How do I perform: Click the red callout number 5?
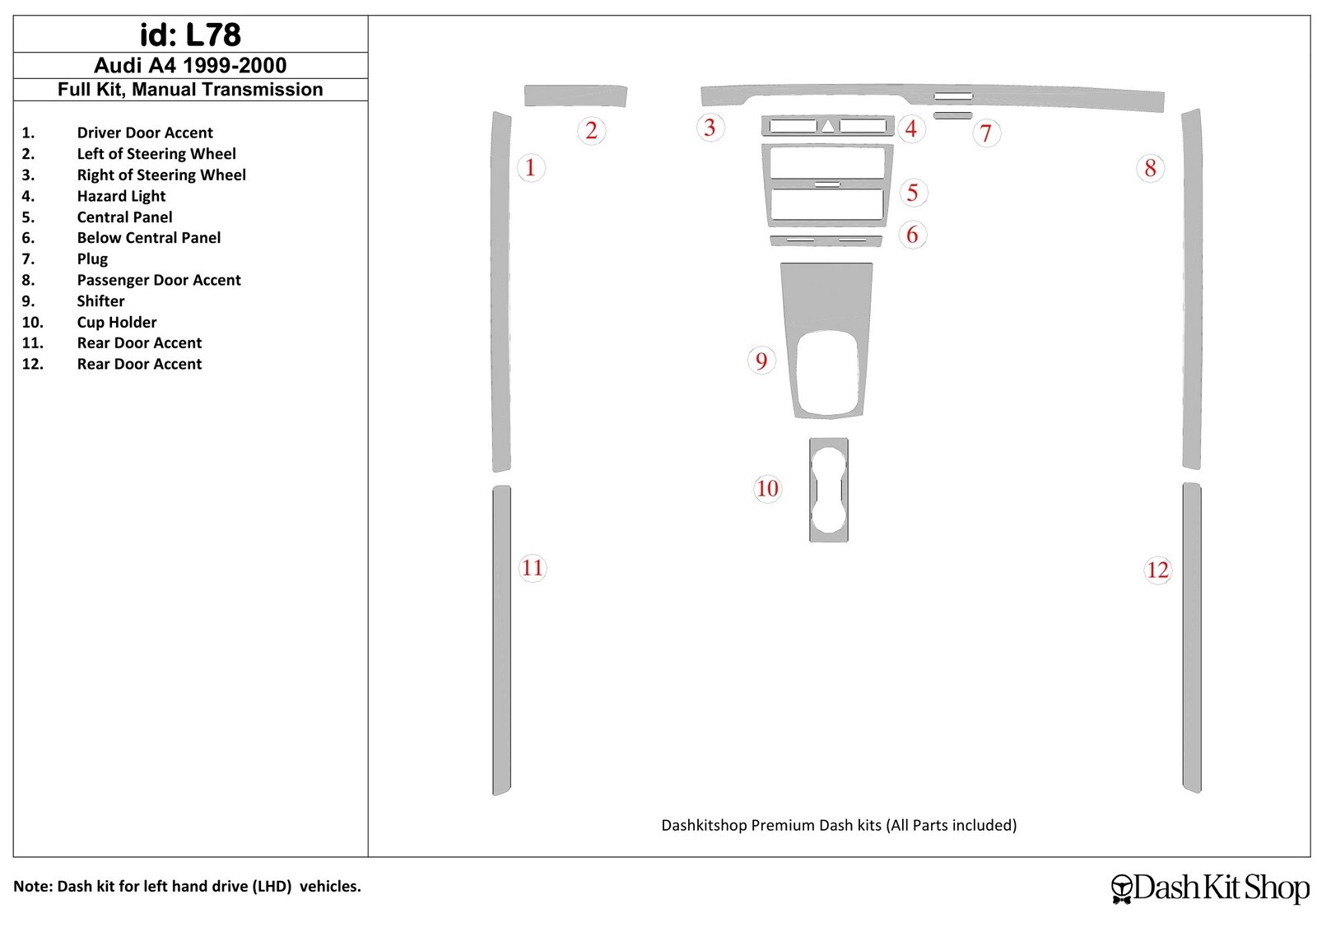pyautogui.click(x=913, y=193)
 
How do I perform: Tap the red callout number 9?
pyautogui.click(x=761, y=361)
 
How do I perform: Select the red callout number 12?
pyautogui.click(x=1157, y=571)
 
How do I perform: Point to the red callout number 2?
pyautogui.click(x=592, y=131)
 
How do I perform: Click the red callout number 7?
pyautogui.click(x=986, y=133)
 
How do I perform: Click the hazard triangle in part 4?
pyautogui.click(x=828, y=126)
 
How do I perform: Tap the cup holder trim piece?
pyautogui.click(x=828, y=490)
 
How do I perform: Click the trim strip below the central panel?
pyautogui.click(x=826, y=241)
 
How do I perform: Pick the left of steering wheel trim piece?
pyautogui.click(x=575, y=96)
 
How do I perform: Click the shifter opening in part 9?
pyautogui.click(x=828, y=373)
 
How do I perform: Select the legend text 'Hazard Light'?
pyautogui.click(x=121, y=196)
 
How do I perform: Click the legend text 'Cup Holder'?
pyautogui.click(x=116, y=322)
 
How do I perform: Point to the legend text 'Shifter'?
pyautogui.click(x=100, y=301)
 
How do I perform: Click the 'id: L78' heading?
pyautogui.click(x=190, y=35)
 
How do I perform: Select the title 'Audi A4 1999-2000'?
pyautogui.click(x=190, y=65)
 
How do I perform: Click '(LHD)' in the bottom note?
pyautogui.click(x=272, y=886)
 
